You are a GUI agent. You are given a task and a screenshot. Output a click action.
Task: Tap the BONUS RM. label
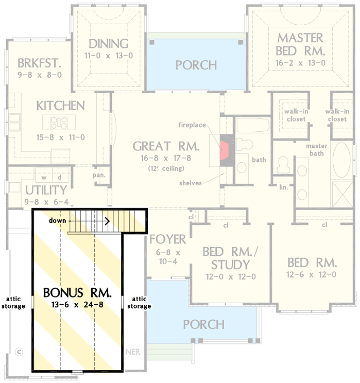78,293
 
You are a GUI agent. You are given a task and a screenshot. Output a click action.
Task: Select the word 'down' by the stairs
57,220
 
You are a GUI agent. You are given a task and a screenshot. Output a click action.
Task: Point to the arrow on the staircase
107,221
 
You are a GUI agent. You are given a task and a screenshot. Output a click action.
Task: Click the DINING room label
108,44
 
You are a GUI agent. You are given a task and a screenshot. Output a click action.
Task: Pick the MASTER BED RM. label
300,44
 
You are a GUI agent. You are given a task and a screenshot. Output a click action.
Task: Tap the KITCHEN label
60,106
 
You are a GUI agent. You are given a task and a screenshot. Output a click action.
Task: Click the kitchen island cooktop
59,122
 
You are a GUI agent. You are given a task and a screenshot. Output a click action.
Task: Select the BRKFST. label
39,63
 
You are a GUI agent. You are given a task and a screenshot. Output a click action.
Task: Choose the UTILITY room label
46,190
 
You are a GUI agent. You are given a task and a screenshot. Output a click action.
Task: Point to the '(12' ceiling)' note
166,168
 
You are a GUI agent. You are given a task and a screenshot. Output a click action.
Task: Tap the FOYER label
167,239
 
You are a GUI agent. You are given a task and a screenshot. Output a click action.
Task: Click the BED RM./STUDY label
226,258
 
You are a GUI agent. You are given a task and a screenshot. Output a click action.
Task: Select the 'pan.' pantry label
99,175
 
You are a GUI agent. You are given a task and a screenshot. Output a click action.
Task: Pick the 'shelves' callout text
191,183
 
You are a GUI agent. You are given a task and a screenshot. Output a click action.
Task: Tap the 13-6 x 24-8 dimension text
78,305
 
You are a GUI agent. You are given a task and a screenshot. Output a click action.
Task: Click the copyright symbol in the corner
20,352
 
